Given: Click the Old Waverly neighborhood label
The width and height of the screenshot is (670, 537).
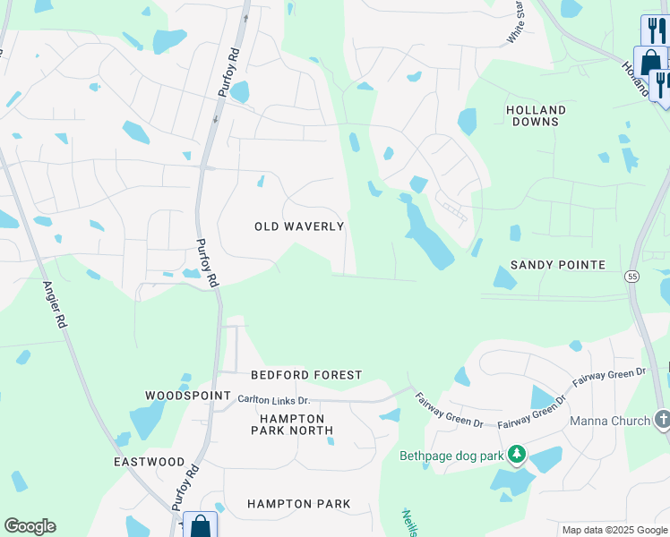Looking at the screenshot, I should click(299, 226).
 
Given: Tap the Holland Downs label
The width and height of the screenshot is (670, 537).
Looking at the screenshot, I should click(537, 115).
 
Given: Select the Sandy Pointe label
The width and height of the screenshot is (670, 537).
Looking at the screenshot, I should click(558, 265).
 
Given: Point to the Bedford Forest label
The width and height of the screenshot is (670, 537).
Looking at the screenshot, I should click(306, 375).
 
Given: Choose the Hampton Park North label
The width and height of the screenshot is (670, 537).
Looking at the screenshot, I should click(296, 424).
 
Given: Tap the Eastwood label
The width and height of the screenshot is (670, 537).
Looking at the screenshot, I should click(149, 462).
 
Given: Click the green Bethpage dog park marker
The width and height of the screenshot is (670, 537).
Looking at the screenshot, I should click(516, 455).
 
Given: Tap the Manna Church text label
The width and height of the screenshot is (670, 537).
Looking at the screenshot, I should click(610, 421).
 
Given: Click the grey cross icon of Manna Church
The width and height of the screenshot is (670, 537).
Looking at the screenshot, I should click(662, 419).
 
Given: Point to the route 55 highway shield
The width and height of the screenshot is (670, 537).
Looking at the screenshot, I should click(632, 277).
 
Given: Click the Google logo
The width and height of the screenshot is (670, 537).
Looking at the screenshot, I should click(30, 526).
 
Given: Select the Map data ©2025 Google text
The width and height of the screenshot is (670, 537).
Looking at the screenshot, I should click(614, 530).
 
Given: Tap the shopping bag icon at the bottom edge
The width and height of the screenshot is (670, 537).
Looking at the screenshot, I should click(200, 526).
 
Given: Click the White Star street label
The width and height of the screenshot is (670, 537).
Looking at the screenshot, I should click(514, 22).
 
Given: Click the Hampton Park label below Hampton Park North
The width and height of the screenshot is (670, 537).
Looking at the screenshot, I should click(298, 504).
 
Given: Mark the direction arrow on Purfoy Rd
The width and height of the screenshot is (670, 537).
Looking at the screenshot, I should click(215, 118).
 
